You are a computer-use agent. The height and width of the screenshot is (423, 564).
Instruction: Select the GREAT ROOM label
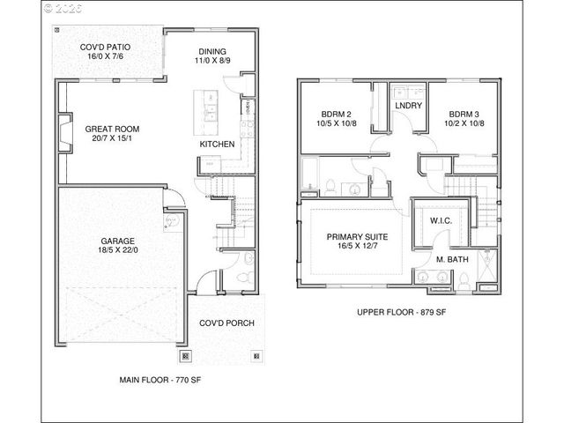(112, 130)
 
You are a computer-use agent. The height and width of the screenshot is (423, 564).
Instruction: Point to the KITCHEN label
(216, 143)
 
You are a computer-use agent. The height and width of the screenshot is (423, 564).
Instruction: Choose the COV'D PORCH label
(226, 323)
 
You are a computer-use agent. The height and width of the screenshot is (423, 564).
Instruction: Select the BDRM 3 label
(465, 115)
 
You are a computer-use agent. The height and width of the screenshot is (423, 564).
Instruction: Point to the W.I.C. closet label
(442, 219)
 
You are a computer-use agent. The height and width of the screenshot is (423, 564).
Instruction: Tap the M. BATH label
(451, 260)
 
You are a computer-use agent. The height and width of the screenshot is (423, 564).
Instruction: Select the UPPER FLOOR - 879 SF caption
(402, 313)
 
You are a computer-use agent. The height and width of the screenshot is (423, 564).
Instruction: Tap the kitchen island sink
(211, 113)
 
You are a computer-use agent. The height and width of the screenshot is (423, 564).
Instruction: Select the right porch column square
(256, 357)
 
